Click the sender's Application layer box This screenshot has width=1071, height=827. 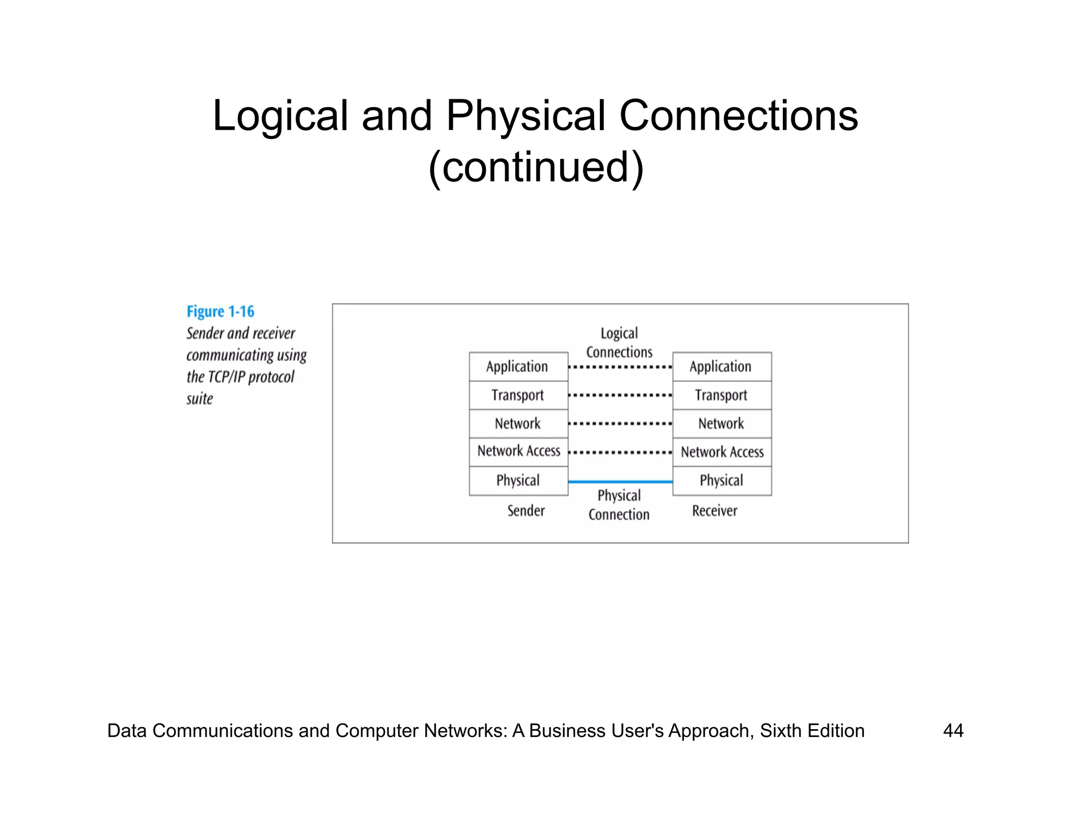(518, 366)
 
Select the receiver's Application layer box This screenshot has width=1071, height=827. (722, 366)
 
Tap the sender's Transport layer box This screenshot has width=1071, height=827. (518, 395)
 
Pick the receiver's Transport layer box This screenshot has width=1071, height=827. (722, 395)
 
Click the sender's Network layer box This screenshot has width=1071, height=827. (518, 423)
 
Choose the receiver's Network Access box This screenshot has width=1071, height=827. (722, 452)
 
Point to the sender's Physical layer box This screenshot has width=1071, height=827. (518, 480)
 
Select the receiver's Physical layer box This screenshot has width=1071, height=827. (722, 480)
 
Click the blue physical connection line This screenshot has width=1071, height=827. (620, 481)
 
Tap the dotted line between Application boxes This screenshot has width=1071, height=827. (620, 367)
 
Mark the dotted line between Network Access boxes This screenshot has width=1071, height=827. (620, 452)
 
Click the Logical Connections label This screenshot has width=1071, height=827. (619, 343)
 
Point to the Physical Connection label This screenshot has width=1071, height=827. (619, 505)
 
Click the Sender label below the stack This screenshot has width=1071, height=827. (526, 511)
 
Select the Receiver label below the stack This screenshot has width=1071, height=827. (714, 511)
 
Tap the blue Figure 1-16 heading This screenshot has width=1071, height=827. (220, 312)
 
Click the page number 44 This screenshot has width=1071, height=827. (953, 730)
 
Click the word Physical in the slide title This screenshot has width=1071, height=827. (525, 116)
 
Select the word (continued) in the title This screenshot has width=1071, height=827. (535, 167)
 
